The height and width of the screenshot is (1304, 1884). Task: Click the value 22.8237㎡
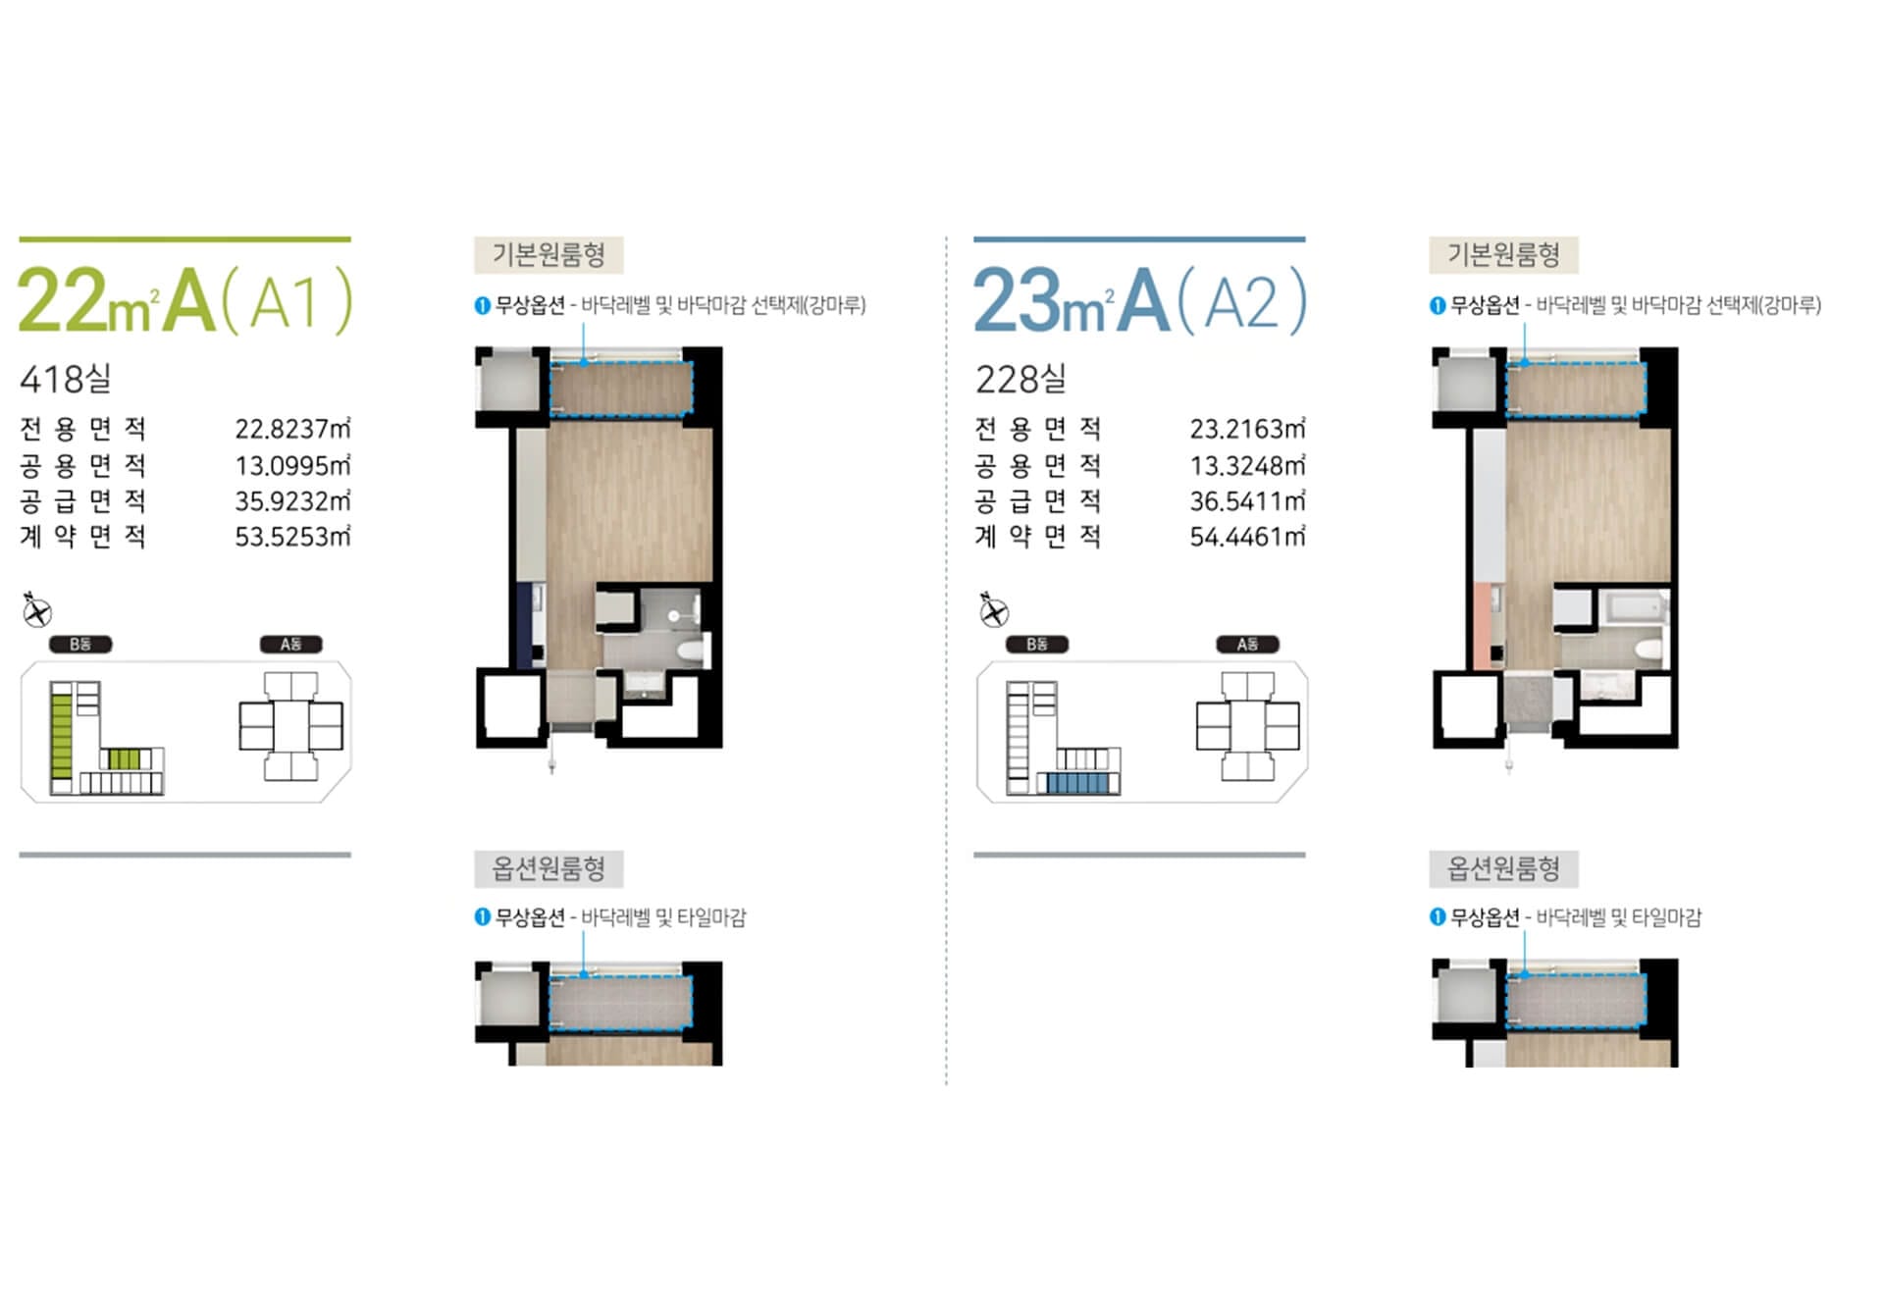pyautogui.click(x=292, y=429)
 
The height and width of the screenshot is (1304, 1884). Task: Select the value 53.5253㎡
pyautogui.click(x=292, y=537)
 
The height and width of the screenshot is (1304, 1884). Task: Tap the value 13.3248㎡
pyautogui.click(x=1247, y=465)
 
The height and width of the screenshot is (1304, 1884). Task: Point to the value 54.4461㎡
pyautogui.click(x=1247, y=537)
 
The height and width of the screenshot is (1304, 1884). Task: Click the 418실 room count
pyautogui.click(x=66, y=378)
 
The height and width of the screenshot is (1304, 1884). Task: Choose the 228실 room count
pyautogui.click(x=1020, y=378)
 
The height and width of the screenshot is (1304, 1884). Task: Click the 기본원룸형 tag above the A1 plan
pyautogui.click(x=549, y=255)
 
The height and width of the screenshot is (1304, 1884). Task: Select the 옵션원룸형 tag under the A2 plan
pyautogui.click(x=1503, y=868)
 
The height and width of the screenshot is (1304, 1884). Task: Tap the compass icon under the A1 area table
pyautogui.click(x=36, y=610)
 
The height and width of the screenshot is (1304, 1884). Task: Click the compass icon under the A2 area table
pyautogui.click(x=993, y=610)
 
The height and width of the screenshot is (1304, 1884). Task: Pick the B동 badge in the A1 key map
pyautogui.click(x=80, y=645)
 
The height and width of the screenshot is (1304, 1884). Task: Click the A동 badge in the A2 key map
pyautogui.click(x=1247, y=645)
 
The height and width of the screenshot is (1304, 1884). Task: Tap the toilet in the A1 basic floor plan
pyautogui.click(x=691, y=649)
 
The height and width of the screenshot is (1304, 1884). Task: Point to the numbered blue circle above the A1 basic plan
pyautogui.click(x=482, y=305)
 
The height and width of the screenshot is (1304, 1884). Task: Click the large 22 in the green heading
pyautogui.click(x=62, y=300)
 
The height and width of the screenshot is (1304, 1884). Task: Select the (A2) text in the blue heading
pyautogui.click(x=1242, y=300)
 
